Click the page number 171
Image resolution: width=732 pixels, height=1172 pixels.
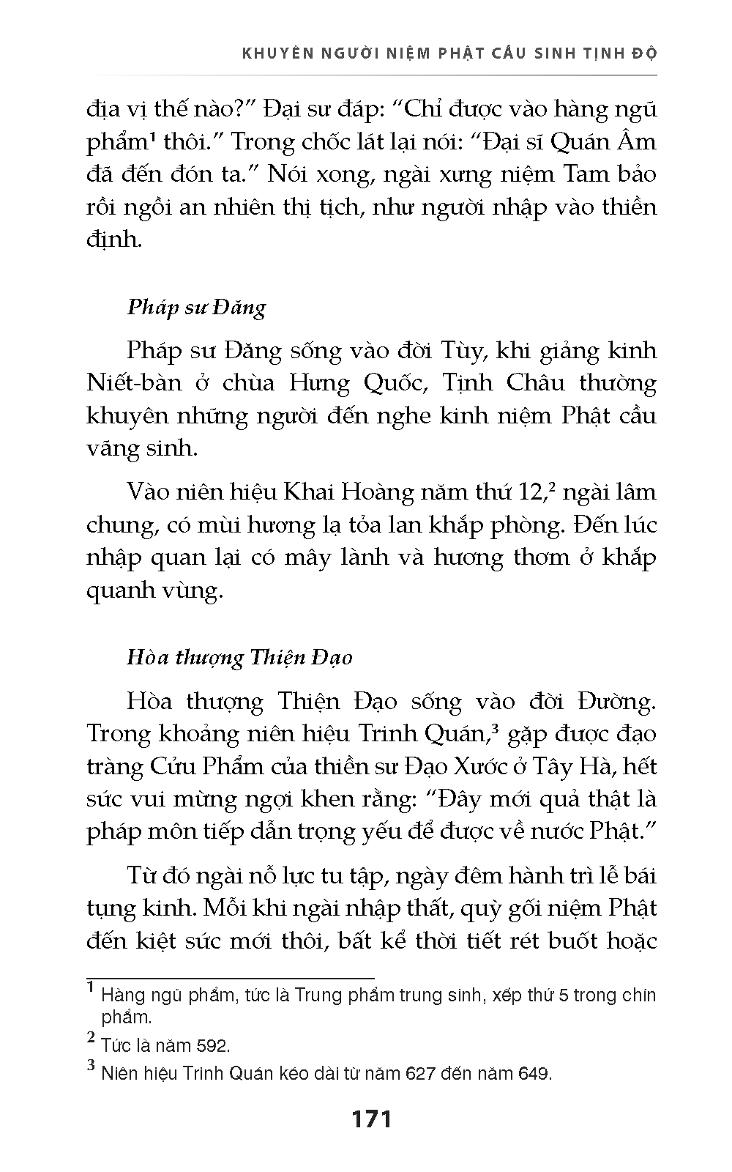click(372, 1119)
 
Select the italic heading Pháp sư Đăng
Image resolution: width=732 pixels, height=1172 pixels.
click(196, 306)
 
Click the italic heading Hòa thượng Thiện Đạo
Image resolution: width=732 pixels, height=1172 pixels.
click(239, 657)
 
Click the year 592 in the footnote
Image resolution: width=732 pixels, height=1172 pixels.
click(214, 1045)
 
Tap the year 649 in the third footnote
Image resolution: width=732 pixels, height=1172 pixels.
click(532, 1075)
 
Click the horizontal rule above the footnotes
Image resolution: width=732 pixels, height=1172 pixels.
click(231, 978)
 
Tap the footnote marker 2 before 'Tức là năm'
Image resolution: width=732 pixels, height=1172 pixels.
click(91, 1038)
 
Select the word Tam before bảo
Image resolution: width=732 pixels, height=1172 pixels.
click(594, 174)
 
